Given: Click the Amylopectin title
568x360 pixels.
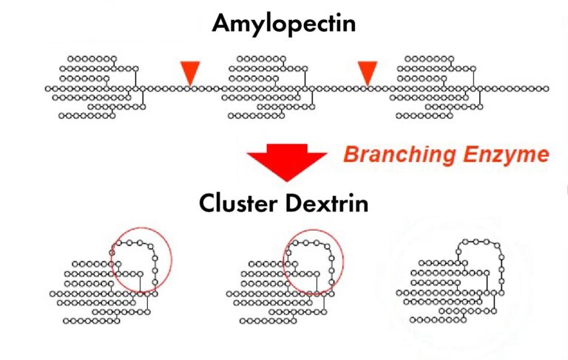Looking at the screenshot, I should [284, 24].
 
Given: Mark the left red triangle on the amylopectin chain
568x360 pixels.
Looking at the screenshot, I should [190, 72].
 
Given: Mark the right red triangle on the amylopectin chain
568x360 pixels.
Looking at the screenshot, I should [368, 72].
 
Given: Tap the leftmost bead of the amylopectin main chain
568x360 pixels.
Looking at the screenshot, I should [48, 88].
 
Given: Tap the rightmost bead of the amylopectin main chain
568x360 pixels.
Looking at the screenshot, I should [546, 88].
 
